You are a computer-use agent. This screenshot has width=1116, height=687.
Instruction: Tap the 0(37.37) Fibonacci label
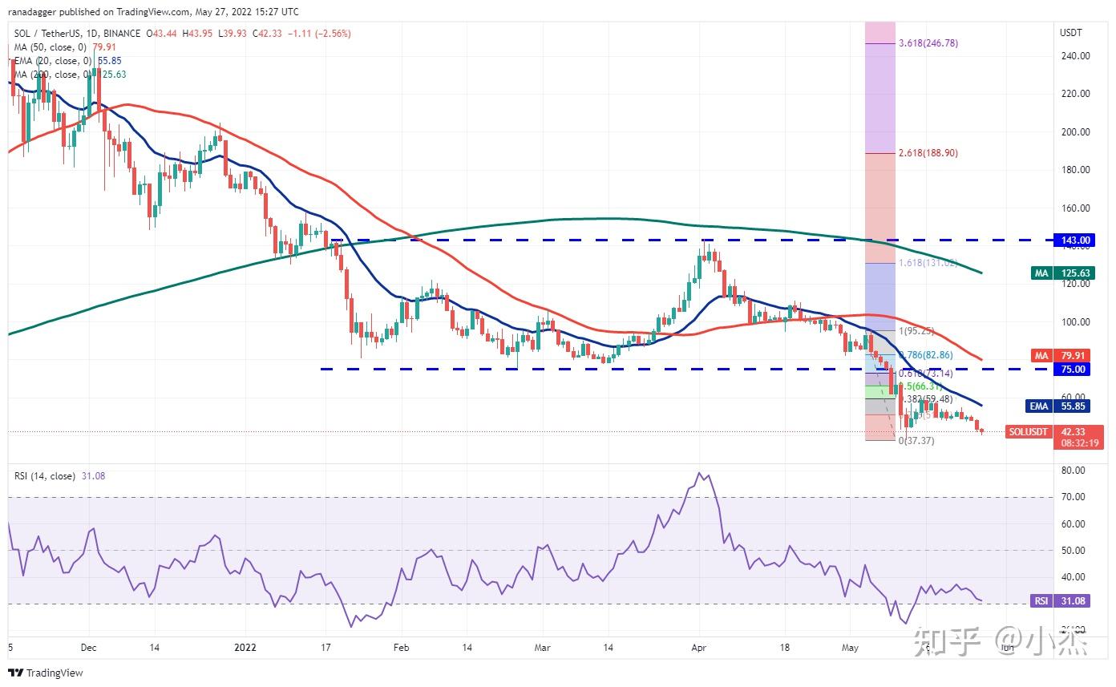tap(916, 440)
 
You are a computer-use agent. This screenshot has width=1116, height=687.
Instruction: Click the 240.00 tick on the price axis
tap(1075, 56)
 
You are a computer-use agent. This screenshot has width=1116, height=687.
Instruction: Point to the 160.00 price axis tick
tap(1075, 208)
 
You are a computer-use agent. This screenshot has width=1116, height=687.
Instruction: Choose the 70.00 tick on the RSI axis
tap(1074, 497)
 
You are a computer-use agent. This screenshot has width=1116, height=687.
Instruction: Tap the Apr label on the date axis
tap(699, 647)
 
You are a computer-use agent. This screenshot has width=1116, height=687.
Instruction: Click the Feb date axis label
tap(402, 647)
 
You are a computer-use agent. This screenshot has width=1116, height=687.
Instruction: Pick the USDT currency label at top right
tap(1071, 33)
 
